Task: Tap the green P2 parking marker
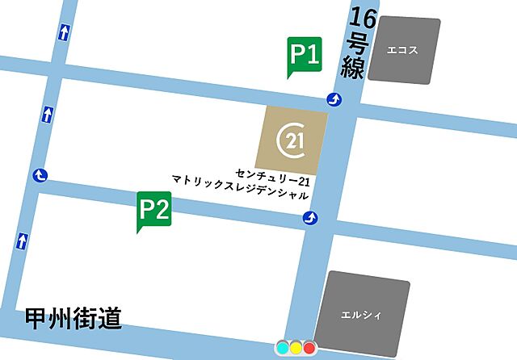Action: (153, 211)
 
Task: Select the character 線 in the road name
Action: (353, 67)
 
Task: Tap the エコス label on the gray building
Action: (401, 50)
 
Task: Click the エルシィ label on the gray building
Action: (360, 314)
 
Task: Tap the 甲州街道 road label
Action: (73, 318)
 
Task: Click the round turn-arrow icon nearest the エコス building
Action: (334, 100)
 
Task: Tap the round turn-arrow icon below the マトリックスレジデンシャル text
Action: (309, 218)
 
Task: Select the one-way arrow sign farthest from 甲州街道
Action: (64, 33)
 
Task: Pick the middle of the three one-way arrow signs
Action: (48, 113)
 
